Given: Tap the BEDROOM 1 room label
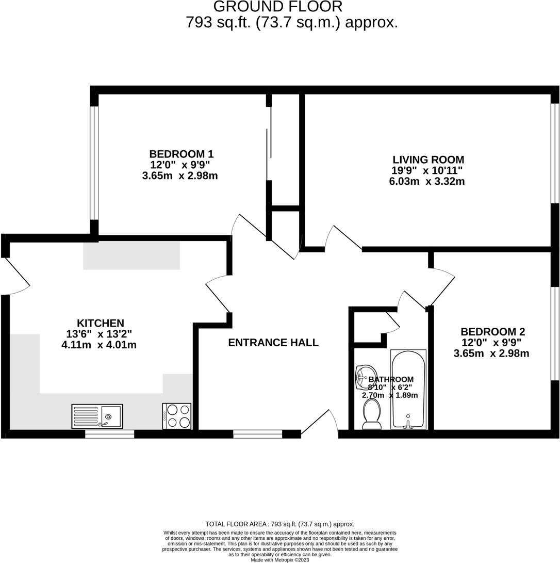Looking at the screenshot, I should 181,154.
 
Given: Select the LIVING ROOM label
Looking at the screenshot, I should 428,159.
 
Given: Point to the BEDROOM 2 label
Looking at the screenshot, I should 492,332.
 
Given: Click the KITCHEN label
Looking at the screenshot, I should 101,323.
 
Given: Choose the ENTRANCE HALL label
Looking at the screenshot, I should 273,343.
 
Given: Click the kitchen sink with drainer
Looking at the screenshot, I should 97,416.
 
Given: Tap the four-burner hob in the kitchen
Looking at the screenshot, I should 177,416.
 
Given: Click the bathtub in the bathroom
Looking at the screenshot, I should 408,389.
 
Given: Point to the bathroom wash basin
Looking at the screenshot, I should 366,377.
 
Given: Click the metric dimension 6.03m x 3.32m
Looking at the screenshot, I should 427,182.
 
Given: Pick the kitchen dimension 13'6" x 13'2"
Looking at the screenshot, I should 100,334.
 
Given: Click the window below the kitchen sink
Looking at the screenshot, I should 109,434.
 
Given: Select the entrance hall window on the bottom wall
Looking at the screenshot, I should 257,434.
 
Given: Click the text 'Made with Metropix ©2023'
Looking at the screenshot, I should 279,560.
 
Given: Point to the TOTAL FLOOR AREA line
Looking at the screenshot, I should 279,524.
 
